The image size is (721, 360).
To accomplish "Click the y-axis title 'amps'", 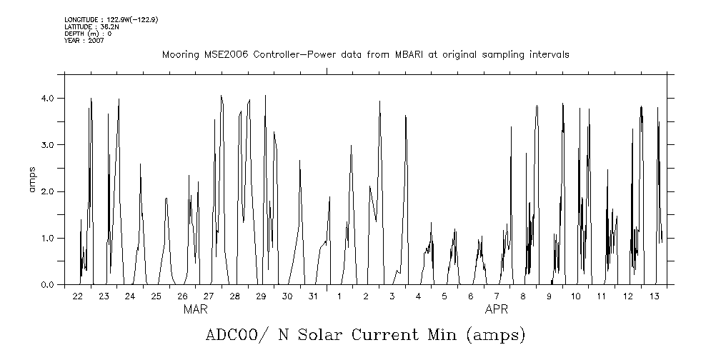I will pos(31,179).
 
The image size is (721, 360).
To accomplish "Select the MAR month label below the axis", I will pos(195,309).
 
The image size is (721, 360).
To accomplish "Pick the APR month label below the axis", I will pos(497,309).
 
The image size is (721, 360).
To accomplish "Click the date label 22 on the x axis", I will pos(78,296).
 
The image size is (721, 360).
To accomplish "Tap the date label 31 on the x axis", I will pos(313,296).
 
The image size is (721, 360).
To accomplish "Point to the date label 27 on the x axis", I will pos(209,296).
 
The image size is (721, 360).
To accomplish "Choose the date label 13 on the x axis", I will pos(653,296).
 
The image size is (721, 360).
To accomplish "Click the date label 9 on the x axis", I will pos(549,296).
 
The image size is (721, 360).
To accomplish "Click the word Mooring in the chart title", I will pos(179,55).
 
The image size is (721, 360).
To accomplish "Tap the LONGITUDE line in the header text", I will pos(111,19).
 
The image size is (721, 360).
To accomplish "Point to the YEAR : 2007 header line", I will pos(84,41).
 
